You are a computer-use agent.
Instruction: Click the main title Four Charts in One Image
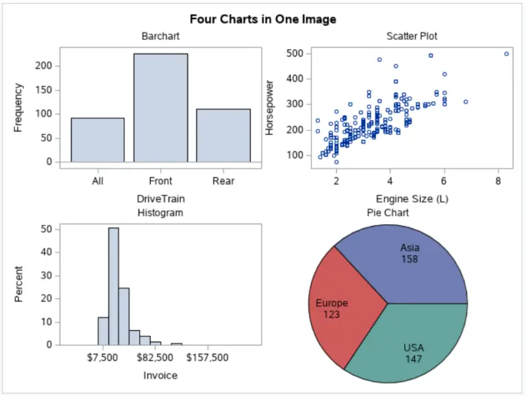point(263,19)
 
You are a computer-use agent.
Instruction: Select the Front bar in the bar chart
point(160,108)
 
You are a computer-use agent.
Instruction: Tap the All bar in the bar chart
point(97,140)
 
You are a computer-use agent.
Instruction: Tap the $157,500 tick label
point(208,358)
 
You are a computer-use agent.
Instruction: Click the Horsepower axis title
point(270,108)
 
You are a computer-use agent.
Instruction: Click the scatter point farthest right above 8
point(506,53)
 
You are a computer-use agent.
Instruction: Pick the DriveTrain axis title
point(160,199)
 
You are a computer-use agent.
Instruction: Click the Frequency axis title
point(18,108)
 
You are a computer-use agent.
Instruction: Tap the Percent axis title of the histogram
point(18,284)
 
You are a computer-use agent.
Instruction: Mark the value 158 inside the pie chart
point(410,259)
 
